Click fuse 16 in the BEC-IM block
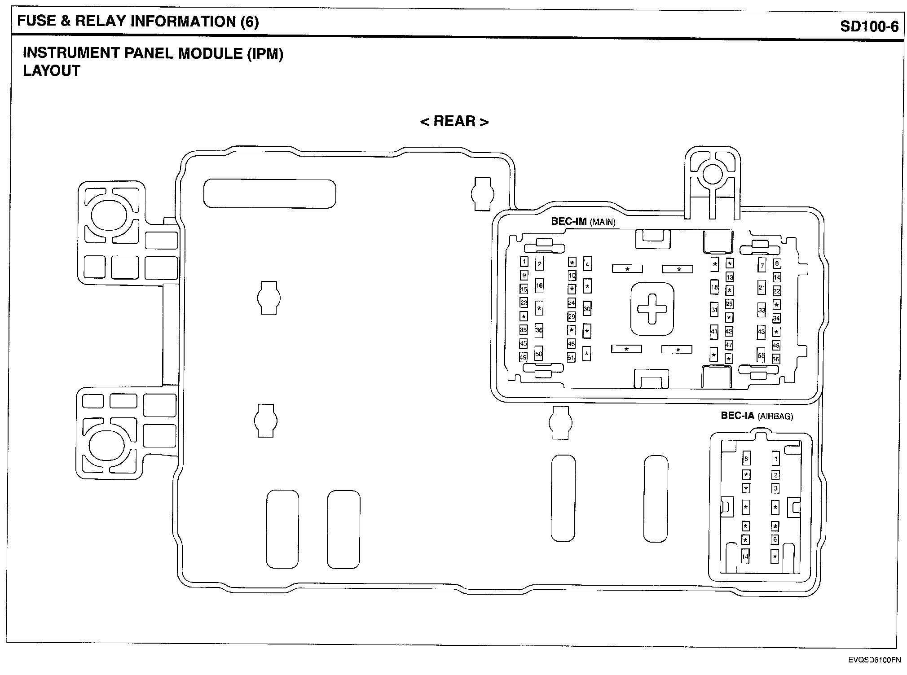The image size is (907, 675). (x=539, y=285)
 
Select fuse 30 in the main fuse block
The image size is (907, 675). (x=587, y=309)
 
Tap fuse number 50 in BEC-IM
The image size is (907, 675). (x=539, y=354)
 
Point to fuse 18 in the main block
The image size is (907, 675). (x=714, y=287)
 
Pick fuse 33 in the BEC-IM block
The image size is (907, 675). (x=762, y=310)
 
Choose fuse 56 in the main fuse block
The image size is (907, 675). (x=776, y=359)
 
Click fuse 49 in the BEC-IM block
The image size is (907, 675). (x=523, y=357)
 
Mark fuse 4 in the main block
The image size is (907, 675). (x=587, y=264)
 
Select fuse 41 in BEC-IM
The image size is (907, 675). (x=714, y=332)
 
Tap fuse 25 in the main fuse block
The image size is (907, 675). (x=729, y=304)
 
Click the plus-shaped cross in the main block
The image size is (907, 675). (x=652, y=309)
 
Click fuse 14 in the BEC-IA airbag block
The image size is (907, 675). (x=745, y=557)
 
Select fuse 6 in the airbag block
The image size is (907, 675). (x=775, y=539)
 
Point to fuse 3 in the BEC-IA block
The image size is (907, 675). (x=775, y=488)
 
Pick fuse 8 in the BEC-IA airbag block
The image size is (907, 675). (x=746, y=459)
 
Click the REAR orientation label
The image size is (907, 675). (x=454, y=121)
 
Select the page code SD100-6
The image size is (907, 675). (x=869, y=26)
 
